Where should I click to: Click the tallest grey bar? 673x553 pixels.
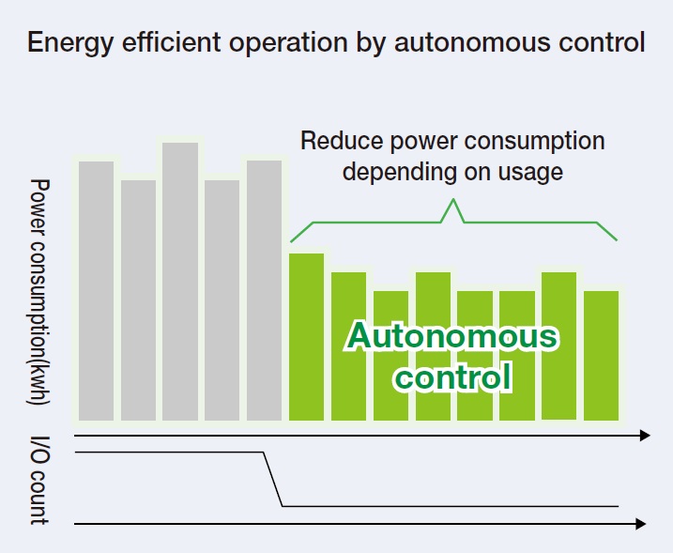(180, 282)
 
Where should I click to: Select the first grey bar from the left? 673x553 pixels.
(96, 291)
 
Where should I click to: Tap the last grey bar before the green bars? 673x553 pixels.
(264, 290)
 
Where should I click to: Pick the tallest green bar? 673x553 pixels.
(306, 337)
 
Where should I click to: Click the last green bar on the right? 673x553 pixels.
(602, 356)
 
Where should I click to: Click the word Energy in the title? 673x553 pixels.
(70, 43)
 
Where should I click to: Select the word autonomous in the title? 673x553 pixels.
(472, 42)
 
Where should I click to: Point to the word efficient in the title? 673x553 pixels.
(171, 42)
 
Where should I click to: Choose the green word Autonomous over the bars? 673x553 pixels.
(452, 336)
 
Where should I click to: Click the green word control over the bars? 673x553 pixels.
(452, 376)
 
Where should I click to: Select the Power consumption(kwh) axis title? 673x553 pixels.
(39, 292)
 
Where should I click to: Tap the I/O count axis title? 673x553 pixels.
(39, 481)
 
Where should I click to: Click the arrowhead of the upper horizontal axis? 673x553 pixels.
(645, 436)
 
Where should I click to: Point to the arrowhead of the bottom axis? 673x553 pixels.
(640, 524)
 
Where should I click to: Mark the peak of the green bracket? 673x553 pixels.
(452, 199)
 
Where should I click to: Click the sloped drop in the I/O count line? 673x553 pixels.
(272, 479)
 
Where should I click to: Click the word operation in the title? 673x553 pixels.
(288, 43)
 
